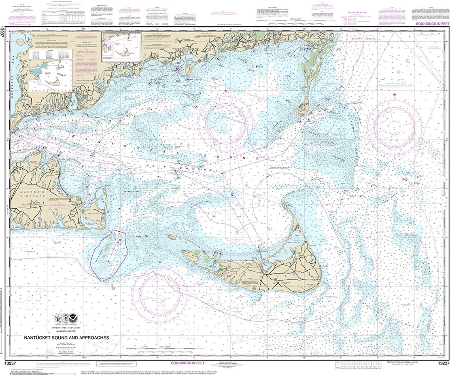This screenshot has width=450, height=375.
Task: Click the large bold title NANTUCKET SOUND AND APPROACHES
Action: (66, 338)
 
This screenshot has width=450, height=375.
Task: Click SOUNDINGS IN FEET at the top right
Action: (431, 25)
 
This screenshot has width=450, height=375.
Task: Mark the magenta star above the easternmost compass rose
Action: (394, 94)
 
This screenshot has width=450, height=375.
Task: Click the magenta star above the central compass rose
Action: (226, 91)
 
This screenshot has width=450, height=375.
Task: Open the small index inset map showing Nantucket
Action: (121, 51)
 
